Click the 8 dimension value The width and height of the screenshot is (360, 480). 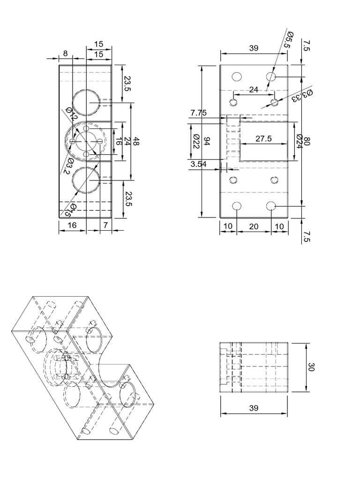(65, 54)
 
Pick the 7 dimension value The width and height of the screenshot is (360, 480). (106, 225)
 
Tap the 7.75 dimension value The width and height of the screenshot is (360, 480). (199, 112)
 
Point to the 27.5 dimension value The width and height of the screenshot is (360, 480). (264, 138)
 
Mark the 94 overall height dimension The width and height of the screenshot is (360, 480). (208, 141)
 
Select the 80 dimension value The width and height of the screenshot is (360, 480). (307, 141)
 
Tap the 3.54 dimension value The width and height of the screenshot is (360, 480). (199, 164)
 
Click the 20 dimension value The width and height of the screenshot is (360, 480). (254, 226)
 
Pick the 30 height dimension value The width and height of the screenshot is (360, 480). (312, 367)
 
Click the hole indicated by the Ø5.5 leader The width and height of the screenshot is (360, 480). (271, 76)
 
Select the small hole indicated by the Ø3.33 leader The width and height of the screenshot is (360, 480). (275, 101)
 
